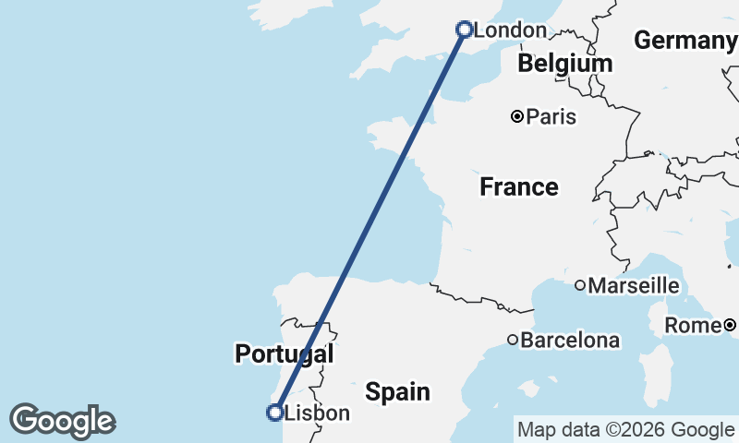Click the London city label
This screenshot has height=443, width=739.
(509, 30)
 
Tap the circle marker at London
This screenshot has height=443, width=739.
(465, 30)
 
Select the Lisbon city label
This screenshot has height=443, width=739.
(317, 413)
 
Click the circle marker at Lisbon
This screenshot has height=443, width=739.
(274, 413)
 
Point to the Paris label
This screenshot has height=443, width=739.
(551, 117)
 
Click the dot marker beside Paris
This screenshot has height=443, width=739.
(517, 116)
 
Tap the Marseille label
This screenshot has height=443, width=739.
(634, 286)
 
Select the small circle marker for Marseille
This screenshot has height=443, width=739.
(580, 285)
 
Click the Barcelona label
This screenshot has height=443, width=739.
(570, 341)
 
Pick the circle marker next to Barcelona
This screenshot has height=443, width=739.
(513, 340)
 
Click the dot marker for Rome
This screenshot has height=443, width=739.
(730, 325)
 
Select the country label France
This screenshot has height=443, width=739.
(519, 187)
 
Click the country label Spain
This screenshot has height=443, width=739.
(397, 391)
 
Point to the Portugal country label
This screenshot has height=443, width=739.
(284, 353)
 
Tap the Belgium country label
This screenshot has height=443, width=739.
(565, 64)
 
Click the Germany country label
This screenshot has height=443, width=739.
(684, 41)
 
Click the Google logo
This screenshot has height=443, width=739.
(62, 421)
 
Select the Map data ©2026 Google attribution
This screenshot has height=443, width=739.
(624, 429)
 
